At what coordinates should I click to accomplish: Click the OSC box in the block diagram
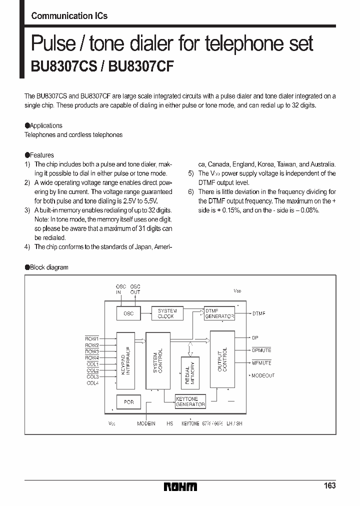[x=128, y=313]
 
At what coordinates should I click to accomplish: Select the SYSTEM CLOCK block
[x=167, y=313]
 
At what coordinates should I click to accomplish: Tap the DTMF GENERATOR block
[x=219, y=313]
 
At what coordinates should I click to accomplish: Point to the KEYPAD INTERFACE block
[x=125, y=360]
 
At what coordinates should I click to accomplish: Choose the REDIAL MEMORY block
[x=190, y=372]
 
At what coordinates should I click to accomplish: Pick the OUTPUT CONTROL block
[x=222, y=359]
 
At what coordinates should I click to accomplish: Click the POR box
[x=128, y=402]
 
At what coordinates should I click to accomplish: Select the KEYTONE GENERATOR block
[x=190, y=402]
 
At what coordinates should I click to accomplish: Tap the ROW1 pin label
[x=91, y=338]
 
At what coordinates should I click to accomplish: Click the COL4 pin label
[x=92, y=383]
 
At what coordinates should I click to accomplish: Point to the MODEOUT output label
[x=262, y=375]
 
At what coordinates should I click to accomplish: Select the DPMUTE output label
[x=261, y=350]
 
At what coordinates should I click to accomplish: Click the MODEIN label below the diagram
[x=146, y=423]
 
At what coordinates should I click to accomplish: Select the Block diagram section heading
[x=48, y=267]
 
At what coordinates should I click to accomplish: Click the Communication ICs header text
[x=69, y=16]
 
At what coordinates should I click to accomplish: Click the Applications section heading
[x=45, y=125]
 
